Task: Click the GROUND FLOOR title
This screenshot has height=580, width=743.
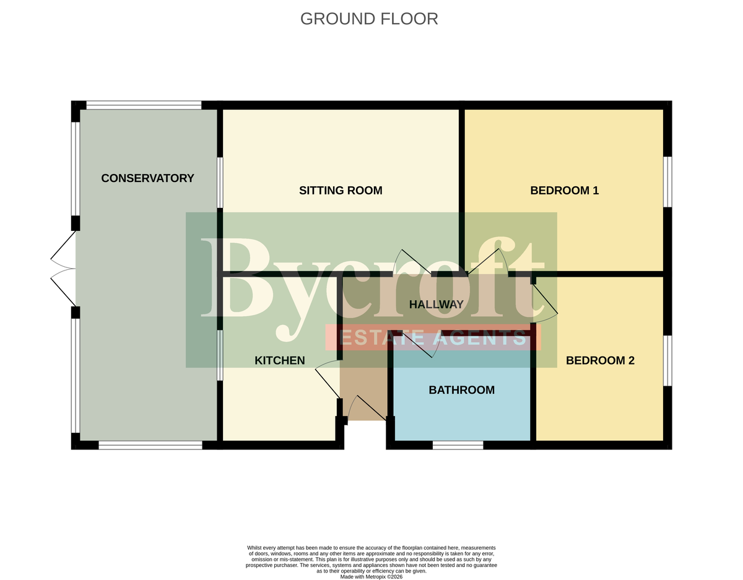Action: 369,19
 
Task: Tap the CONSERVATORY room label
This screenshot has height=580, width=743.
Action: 147,178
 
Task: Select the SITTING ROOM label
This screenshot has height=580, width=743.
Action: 341,191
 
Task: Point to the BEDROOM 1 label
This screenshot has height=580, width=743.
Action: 564,191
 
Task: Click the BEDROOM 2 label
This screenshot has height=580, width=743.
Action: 600,360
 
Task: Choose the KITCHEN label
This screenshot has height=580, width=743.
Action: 280,360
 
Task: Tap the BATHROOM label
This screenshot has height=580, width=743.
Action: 462,389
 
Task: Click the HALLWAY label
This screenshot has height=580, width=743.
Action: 437,304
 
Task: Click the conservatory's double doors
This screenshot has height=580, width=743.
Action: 63,268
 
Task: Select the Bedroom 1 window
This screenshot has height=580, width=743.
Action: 667,181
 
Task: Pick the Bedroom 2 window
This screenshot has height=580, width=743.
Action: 667,361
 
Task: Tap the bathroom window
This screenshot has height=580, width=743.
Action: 458,445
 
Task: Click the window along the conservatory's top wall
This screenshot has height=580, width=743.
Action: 144,105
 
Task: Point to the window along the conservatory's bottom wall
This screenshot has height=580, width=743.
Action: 150,445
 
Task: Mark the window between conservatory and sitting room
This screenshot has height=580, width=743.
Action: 220,183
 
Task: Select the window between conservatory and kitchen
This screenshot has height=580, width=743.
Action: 220,355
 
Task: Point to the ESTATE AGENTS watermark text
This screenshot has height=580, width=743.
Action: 433,338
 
